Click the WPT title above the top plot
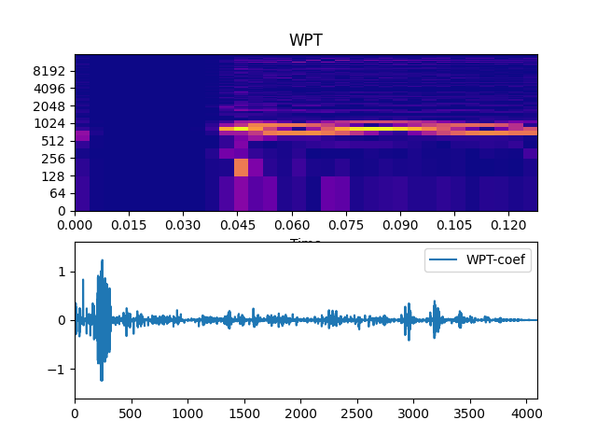306,40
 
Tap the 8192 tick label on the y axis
50,71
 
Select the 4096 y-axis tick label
50,89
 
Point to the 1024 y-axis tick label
50,123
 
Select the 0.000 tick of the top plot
75,225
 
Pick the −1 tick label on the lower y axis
59,369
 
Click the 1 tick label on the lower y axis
62,272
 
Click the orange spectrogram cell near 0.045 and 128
241,167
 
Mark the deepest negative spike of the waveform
101,380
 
